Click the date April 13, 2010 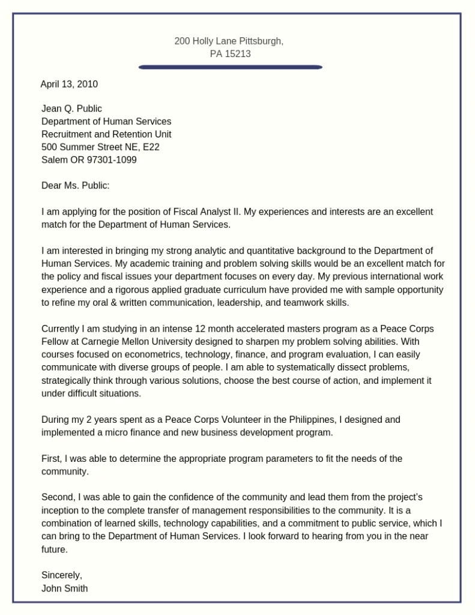click(69, 84)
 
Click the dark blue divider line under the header click(231, 67)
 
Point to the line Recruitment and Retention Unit click(106, 134)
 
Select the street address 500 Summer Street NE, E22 click(100, 147)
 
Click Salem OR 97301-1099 click(89, 160)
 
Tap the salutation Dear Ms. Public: click(76, 186)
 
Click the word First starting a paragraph click(50, 459)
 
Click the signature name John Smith click(64, 589)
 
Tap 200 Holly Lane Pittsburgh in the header click(229, 41)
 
